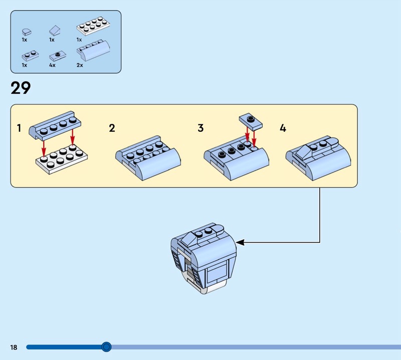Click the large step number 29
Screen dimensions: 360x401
pyautogui.click(x=21, y=88)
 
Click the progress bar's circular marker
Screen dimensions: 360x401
pyautogui.click(x=106, y=346)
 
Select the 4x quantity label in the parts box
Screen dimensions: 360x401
pyautogui.click(x=52, y=65)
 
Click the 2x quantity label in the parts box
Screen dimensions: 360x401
pyautogui.click(x=80, y=65)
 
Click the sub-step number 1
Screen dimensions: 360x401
pyautogui.click(x=19, y=128)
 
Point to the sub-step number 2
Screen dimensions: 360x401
pyautogui.click(x=112, y=128)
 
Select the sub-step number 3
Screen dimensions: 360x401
pyautogui.click(x=200, y=128)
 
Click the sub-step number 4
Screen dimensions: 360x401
pyautogui.click(x=283, y=128)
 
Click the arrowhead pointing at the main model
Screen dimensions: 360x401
pyautogui.click(x=240, y=243)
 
